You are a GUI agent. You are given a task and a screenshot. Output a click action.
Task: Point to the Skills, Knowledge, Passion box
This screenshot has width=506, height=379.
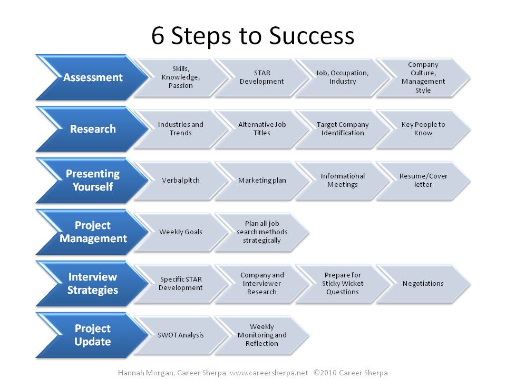pos(181,77)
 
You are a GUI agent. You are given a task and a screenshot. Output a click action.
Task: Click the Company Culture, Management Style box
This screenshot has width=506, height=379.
pos(423,77)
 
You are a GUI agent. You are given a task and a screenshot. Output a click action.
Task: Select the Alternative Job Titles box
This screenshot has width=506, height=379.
pos(262,129)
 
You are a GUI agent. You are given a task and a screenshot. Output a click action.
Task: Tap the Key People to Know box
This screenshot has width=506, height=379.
pos(423,129)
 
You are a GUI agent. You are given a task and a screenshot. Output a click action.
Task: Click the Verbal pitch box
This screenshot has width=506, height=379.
pos(181,181)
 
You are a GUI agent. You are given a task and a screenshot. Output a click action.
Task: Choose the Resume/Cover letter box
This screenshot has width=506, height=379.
pos(423,181)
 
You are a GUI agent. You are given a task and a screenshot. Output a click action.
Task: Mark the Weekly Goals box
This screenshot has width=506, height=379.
pos(181,232)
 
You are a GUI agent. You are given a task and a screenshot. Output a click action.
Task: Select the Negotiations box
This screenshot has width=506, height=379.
pos(423,284)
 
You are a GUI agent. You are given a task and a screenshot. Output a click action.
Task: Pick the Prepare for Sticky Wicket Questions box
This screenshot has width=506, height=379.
pos(343,284)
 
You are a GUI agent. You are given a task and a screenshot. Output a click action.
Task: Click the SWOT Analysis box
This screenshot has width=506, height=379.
pos(181,335)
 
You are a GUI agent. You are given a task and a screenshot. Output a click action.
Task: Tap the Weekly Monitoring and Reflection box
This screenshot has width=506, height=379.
pos(262,335)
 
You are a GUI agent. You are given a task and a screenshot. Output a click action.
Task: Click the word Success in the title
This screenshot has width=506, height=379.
pos(312,35)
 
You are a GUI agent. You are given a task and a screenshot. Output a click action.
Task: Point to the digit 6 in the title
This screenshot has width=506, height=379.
pos(158,35)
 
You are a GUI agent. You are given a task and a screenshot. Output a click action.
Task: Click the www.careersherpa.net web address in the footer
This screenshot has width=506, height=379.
pos(269,373)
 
